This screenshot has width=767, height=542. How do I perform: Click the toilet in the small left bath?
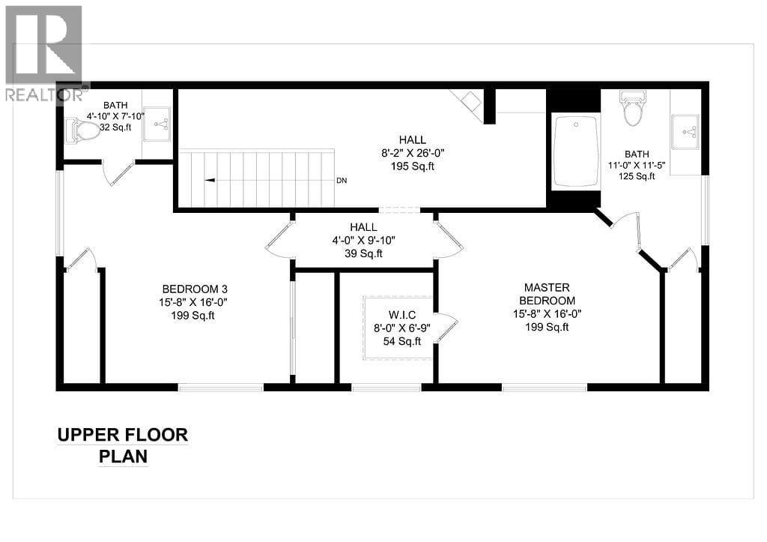85,132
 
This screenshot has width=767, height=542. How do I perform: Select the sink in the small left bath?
157,124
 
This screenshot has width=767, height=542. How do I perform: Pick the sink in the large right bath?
685,131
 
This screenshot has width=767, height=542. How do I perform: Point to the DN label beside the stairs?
342,181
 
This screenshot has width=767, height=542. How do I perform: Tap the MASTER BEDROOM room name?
547,294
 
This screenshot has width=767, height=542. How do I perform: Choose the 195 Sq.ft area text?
413,166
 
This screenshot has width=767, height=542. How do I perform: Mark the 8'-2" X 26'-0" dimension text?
413,153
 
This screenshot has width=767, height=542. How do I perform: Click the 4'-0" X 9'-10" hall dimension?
363,241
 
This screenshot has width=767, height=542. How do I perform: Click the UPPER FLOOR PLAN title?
123,445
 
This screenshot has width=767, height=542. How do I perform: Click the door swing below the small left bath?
117,172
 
